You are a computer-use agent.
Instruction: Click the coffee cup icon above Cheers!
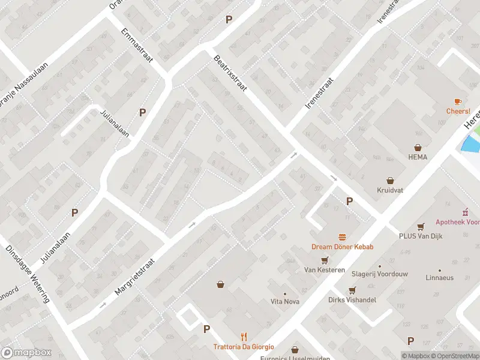tap(457, 101)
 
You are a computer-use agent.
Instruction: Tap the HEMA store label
tap(418, 157)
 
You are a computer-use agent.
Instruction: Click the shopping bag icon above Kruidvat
tap(390, 179)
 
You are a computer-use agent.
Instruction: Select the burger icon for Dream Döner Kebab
tap(342, 237)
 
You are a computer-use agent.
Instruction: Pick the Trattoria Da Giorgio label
tap(244, 347)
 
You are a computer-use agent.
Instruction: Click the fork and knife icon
tap(244, 337)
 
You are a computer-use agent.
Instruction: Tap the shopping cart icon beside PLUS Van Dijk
tap(421, 226)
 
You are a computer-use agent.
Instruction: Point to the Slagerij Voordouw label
tap(379, 274)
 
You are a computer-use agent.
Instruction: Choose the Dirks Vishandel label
tap(352, 299)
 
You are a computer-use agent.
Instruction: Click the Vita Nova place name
tap(284, 301)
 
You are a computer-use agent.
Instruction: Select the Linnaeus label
tap(440, 278)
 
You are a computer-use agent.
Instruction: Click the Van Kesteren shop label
tap(324, 270)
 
